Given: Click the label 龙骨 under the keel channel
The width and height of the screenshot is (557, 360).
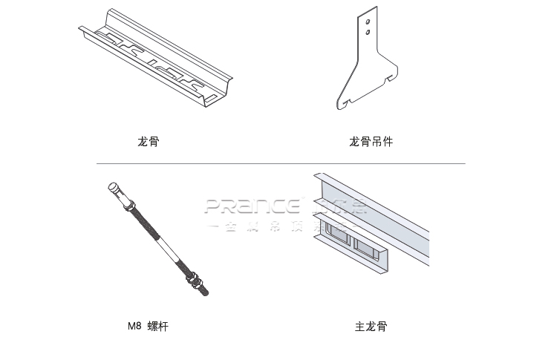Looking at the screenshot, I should (x=148, y=141).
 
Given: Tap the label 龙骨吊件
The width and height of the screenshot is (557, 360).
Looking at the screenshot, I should (x=371, y=141).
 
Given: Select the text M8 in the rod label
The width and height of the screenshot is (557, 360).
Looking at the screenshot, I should (x=134, y=326).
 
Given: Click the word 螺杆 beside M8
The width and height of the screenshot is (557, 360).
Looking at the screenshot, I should (x=157, y=326).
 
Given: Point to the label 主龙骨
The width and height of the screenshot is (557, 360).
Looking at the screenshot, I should (x=371, y=326).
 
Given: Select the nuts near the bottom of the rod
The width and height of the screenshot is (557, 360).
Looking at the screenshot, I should (x=195, y=281).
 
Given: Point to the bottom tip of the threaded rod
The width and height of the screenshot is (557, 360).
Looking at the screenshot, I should (x=206, y=294).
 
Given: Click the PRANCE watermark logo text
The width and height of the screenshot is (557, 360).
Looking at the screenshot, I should (x=253, y=206).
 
